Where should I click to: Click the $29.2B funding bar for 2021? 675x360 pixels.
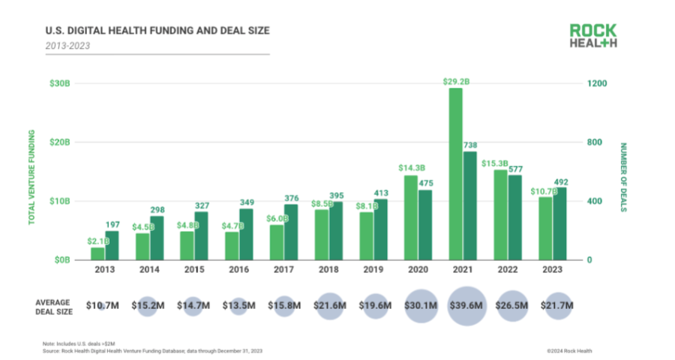(455, 174)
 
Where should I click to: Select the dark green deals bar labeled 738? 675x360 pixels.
(469, 205)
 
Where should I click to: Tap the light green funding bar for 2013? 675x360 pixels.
(97, 253)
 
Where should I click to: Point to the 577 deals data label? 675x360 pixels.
(516, 169)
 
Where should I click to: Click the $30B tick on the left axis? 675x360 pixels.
(60, 83)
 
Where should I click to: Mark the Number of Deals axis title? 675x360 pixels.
(623, 176)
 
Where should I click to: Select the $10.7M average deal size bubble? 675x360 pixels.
(103, 305)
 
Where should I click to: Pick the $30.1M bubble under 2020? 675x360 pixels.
(421, 305)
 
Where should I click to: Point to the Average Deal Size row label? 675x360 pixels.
(54, 305)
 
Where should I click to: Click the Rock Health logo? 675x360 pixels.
(592, 35)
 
